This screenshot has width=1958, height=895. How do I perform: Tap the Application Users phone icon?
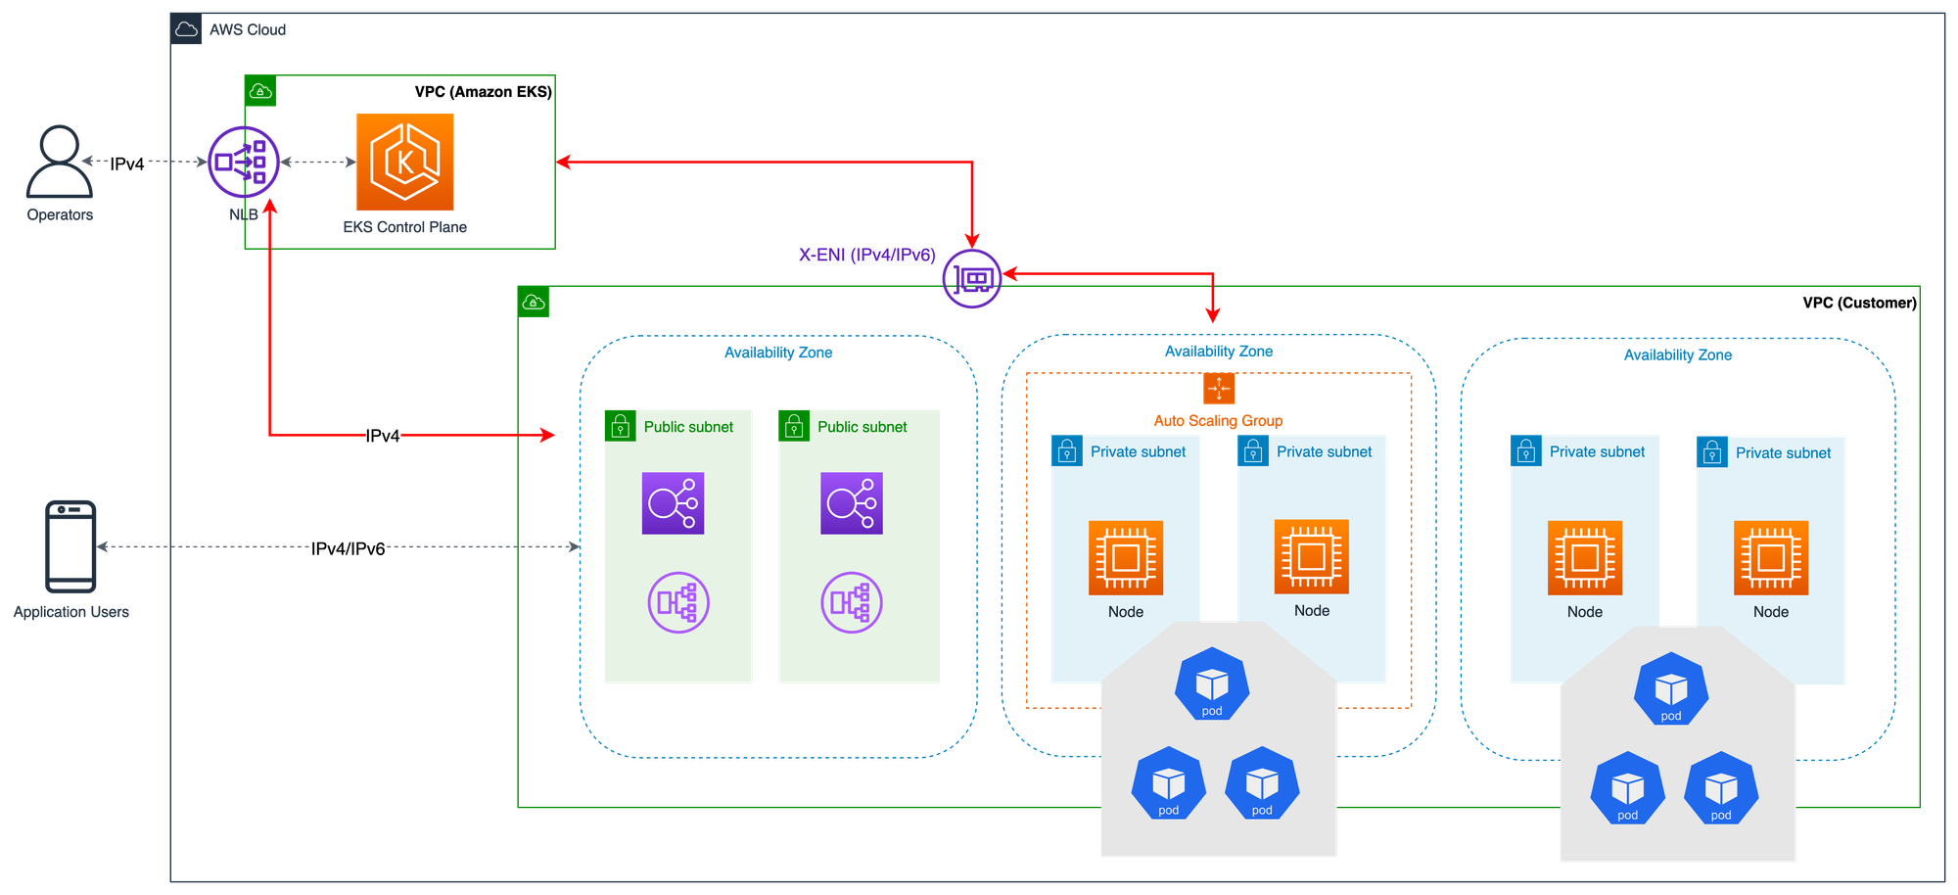pos(71,545)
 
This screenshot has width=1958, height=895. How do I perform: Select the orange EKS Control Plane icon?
pos(404,162)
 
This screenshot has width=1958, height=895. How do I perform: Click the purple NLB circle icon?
pos(244,162)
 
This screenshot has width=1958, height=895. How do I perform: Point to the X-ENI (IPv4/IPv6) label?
pos(866,255)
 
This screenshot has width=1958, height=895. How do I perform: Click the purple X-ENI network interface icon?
pos(971,280)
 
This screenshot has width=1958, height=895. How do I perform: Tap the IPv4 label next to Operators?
pos(127,164)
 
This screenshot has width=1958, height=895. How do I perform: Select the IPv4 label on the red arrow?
pos(382,435)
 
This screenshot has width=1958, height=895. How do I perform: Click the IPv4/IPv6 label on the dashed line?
pos(349,548)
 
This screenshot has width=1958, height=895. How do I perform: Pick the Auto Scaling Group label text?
pos(1218,420)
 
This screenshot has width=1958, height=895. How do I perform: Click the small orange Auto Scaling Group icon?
pos(1219,389)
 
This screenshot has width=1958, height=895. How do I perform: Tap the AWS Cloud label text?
pos(248,29)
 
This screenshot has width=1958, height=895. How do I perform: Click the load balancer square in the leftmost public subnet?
pos(673,503)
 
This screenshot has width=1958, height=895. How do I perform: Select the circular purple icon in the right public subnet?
pos(851,602)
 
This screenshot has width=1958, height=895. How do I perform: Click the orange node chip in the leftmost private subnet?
pos(1126,558)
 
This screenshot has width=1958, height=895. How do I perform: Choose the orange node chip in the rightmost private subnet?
pos(1770,558)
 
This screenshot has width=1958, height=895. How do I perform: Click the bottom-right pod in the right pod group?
pos(1720,789)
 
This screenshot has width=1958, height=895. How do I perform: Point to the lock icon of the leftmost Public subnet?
pos(620,426)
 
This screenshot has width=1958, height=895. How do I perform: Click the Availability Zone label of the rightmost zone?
pos(1677,354)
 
